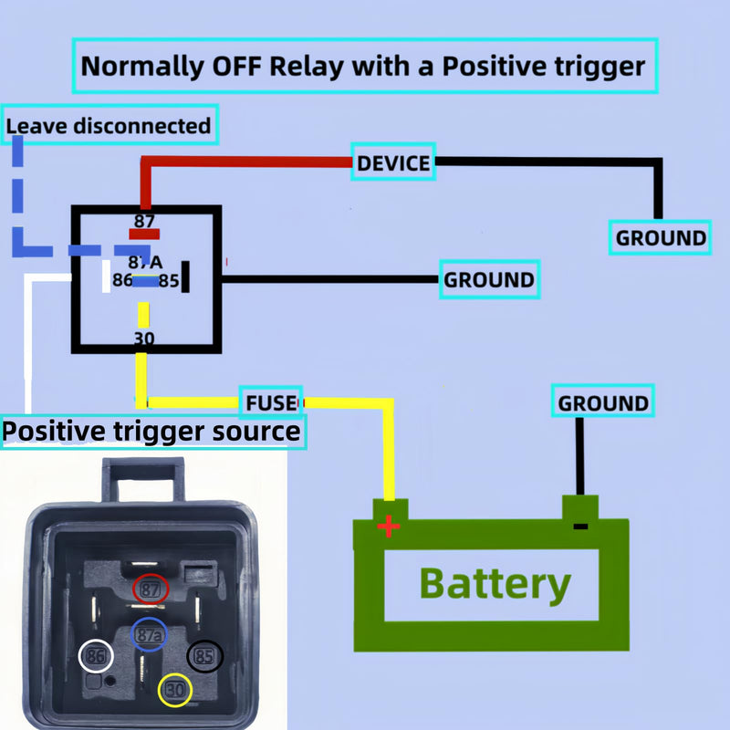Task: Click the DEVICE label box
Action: point(393,162)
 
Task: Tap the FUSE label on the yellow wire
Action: point(271,402)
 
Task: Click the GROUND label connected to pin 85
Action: point(489,279)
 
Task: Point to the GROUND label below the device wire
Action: point(660,237)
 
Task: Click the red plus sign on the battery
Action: point(389,527)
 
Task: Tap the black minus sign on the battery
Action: point(580,527)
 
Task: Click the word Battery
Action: point(495,585)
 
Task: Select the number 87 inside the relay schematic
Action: point(144,221)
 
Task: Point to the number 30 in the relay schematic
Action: point(144,339)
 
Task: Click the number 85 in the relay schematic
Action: point(169,281)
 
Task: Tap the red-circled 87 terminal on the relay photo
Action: point(151,589)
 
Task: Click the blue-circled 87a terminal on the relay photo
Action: point(149,634)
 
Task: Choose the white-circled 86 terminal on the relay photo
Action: point(96,656)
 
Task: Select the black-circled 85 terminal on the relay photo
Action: point(204,656)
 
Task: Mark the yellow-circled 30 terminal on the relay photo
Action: point(175,690)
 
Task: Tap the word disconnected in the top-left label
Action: point(142,126)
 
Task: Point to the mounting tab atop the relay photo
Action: point(143,480)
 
